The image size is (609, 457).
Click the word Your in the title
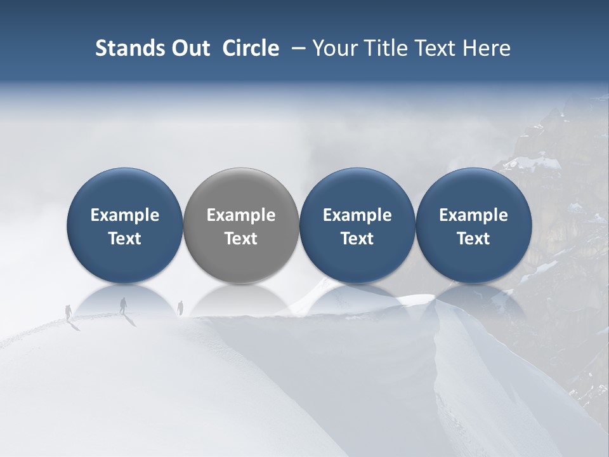tap(333, 48)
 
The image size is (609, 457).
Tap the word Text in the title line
tap(432, 48)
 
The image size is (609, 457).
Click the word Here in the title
tap(485, 48)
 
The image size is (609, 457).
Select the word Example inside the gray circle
tap(241, 215)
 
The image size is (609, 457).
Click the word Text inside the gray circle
tap(241, 239)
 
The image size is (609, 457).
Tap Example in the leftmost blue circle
tap(125, 215)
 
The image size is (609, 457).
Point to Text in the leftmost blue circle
tap(125, 239)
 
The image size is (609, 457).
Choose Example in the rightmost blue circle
tap(473, 215)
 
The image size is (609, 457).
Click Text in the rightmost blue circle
tap(473, 239)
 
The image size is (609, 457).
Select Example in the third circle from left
tap(357, 215)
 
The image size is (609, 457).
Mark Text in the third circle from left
tap(357, 239)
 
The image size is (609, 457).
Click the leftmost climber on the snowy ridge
tap(69, 312)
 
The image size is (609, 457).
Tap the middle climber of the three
tap(123, 305)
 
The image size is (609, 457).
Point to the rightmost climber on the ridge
tap(180, 307)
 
